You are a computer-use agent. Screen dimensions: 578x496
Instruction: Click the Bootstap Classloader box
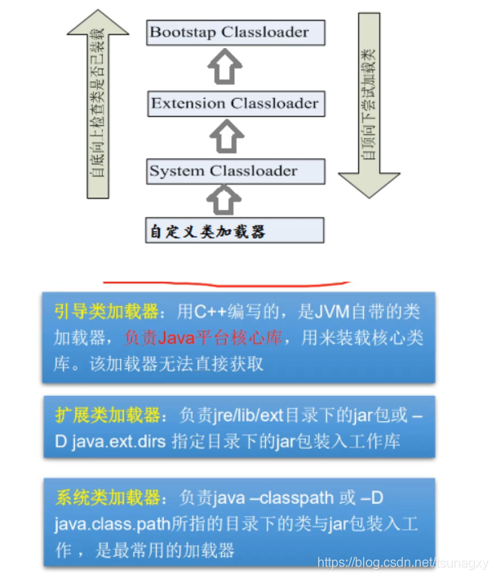click(236, 33)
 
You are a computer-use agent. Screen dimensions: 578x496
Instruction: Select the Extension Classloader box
click(236, 104)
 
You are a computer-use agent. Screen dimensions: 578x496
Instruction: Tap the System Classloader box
click(236, 171)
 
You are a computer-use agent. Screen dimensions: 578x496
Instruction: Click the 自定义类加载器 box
click(236, 230)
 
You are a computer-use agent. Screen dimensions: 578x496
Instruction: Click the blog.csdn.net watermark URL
click(402, 562)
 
